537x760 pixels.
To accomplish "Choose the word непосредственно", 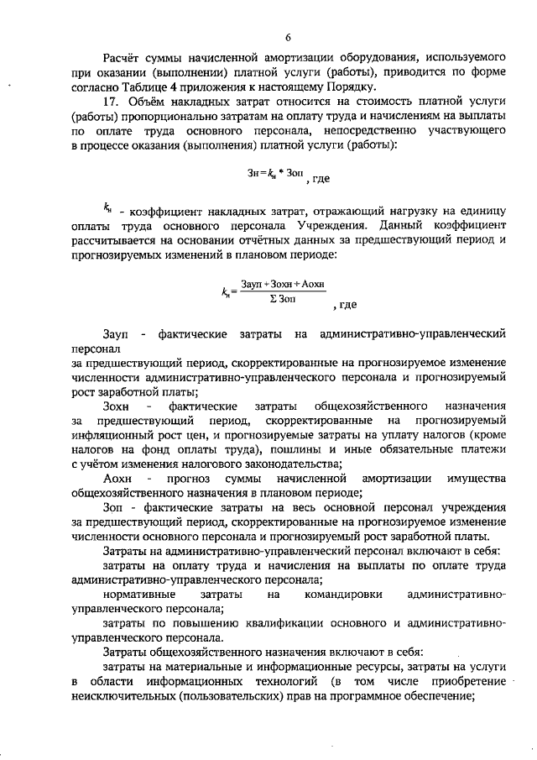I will [x=368, y=132].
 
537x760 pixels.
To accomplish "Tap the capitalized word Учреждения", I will [x=328, y=226].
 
